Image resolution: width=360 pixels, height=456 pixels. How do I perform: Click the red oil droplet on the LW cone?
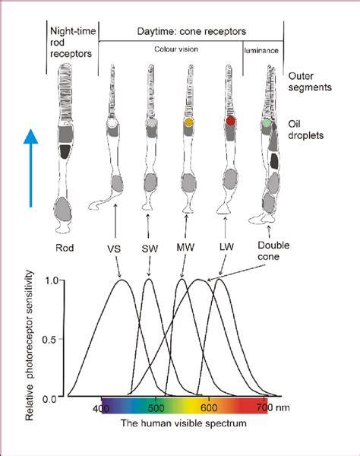click(x=230, y=120)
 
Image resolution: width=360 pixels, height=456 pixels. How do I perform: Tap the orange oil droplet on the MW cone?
click(x=189, y=122)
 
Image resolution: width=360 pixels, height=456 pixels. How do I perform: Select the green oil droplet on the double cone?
click(x=267, y=122)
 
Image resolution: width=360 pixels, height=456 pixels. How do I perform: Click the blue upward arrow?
click(x=30, y=168)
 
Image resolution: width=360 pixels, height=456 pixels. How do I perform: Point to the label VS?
click(x=114, y=249)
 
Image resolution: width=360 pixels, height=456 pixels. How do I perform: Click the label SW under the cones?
click(x=150, y=249)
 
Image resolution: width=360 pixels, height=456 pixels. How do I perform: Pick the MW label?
click(x=185, y=248)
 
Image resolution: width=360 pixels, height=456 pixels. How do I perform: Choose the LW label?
click(x=226, y=247)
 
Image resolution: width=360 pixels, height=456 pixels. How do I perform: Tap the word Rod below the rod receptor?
click(x=65, y=248)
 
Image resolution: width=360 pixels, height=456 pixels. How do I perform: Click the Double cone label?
click(x=273, y=251)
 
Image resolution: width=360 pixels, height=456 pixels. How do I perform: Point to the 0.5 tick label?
click(x=49, y=340)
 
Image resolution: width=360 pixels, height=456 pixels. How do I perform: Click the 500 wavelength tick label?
click(x=156, y=407)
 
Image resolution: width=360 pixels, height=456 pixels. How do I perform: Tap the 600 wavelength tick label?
click(x=209, y=407)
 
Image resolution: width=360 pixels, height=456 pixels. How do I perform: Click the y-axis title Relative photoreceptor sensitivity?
click(x=30, y=345)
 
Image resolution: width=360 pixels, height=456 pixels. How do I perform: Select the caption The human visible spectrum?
click(x=184, y=423)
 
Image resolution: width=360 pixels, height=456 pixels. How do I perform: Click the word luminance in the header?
click(x=261, y=51)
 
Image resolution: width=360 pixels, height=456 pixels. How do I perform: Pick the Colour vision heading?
click(x=176, y=49)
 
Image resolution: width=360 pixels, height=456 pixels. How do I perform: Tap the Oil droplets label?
click(x=305, y=130)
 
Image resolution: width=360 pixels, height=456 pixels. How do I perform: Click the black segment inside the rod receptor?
click(x=65, y=151)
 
